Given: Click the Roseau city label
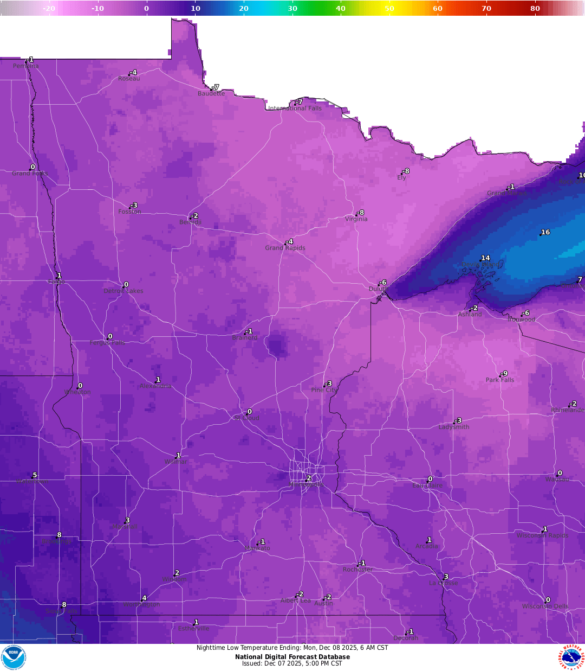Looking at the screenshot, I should coord(129,79).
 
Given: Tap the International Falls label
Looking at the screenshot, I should coord(295,108).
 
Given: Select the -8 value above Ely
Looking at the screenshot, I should coord(406,171).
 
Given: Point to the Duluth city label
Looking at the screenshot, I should coord(378,289).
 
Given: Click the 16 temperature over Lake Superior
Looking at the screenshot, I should coord(545,232).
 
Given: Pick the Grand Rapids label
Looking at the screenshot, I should coord(285,248).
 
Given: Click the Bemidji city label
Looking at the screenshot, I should coord(190,222).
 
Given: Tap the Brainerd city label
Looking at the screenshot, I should coord(245,337).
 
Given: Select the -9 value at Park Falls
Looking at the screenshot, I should coord(504,373).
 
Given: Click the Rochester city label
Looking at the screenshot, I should coord(357,570).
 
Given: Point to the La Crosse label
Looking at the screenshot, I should coord(443,583).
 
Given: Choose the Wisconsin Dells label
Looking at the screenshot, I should coord(545,606).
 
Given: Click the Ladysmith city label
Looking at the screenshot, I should coord(454,427).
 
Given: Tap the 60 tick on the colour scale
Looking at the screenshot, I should coord(438,8).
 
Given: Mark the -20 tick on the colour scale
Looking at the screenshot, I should coord(49,8).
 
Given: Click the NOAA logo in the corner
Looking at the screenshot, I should coord(13,657).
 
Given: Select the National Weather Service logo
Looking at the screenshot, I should coord(571,657).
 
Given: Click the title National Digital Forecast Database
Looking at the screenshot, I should coord(292,657).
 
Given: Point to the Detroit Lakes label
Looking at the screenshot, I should coord(123,291).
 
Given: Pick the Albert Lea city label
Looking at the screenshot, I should coord(296,600).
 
